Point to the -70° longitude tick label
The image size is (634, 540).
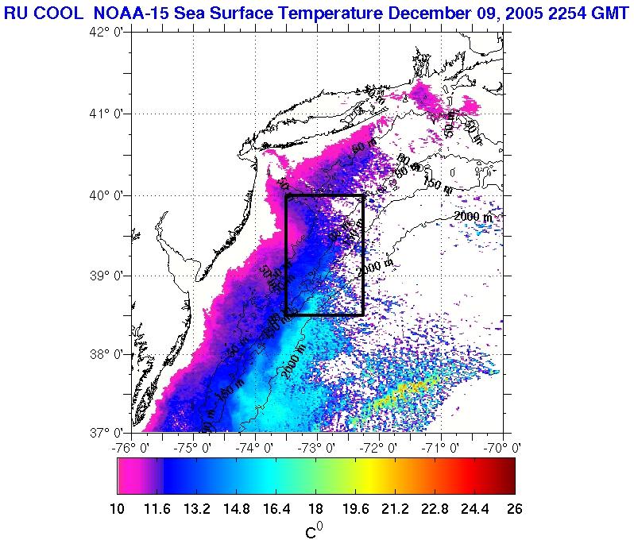504,447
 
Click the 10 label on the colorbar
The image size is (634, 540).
118,509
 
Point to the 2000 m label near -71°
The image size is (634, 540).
474,216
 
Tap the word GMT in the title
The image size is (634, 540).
607,11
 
